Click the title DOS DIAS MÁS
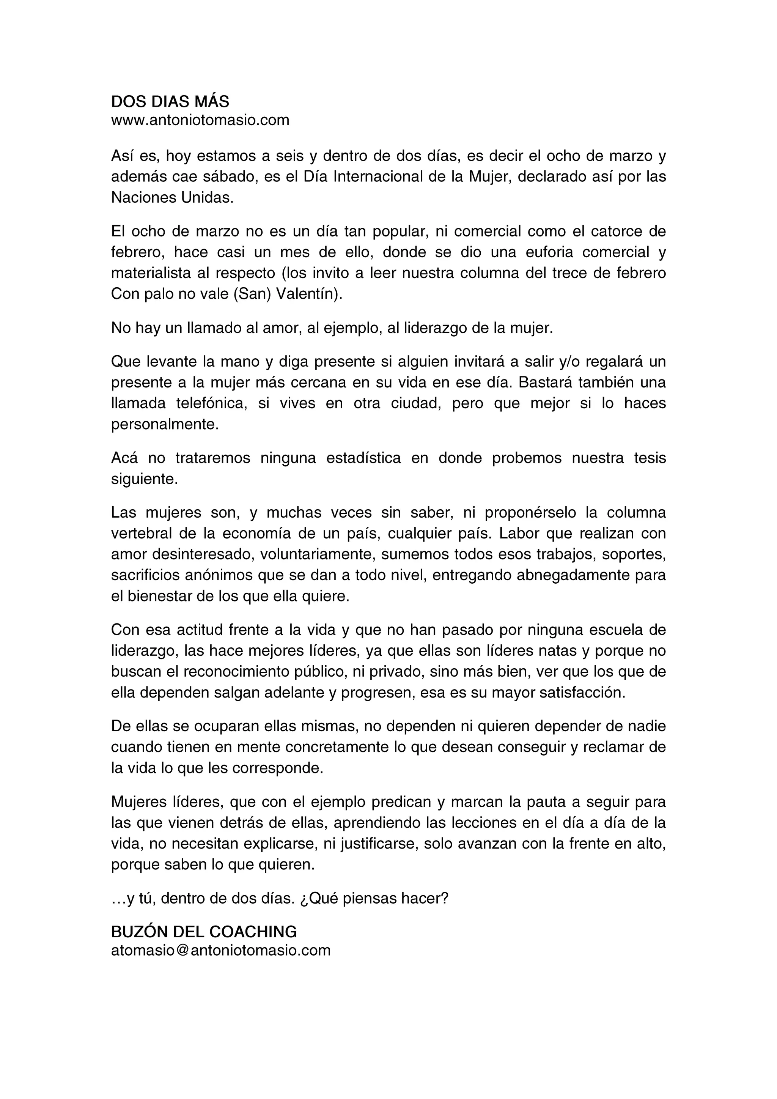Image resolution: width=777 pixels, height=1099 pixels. pyautogui.click(x=170, y=101)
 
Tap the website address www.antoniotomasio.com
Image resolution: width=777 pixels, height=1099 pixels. pyautogui.click(x=200, y=120)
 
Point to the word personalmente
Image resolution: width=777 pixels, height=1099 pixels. pyautogui.click(x=165, y=424)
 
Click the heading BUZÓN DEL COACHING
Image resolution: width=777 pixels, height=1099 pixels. pyautogui.click(x=204, y=932)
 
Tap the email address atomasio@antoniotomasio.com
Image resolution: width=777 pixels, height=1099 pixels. pyautogui.click(x=220, y=950)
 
